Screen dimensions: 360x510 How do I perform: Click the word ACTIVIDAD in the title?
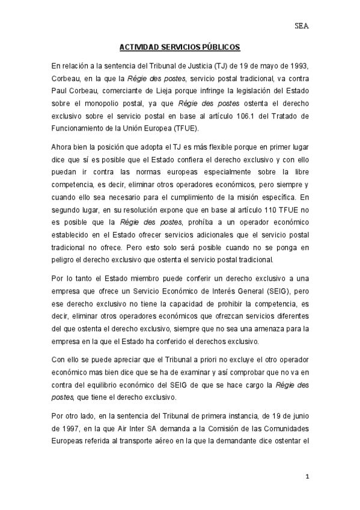click(x=138, y=46)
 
